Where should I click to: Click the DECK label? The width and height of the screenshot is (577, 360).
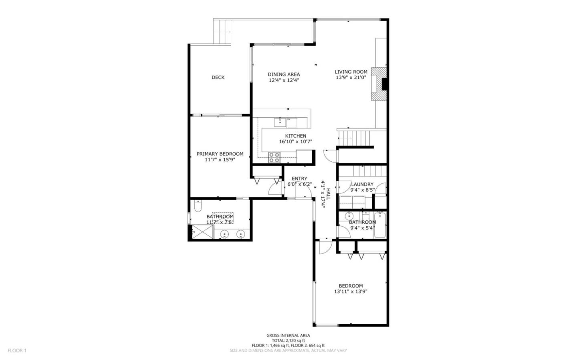tap(218, 77)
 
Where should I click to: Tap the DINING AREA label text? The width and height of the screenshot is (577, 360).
tap(284, 74)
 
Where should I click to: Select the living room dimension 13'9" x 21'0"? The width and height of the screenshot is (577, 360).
tap(351, 78)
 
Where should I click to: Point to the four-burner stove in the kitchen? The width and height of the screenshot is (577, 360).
tap(274, 157)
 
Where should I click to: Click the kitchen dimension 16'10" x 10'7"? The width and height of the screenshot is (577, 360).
tap(295, 141)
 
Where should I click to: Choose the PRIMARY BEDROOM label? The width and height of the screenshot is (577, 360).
tap(220, 154)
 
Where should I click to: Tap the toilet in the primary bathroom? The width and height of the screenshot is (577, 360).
tap(197, 207)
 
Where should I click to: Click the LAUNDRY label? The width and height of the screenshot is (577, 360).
tap(362, 184)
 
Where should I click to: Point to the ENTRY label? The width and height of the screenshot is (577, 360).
tap(299, 179)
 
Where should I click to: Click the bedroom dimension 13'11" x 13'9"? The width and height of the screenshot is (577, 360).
tap(351, 292)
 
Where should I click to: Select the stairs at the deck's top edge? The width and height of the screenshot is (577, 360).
tap(222, 32)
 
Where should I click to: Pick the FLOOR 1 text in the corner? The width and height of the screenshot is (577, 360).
tap(17, 350)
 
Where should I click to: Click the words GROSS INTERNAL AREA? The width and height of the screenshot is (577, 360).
tap(288, 336)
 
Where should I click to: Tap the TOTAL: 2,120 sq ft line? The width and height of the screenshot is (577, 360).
tap(288, 340)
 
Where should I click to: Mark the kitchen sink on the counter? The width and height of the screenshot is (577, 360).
tap(279, 121)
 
